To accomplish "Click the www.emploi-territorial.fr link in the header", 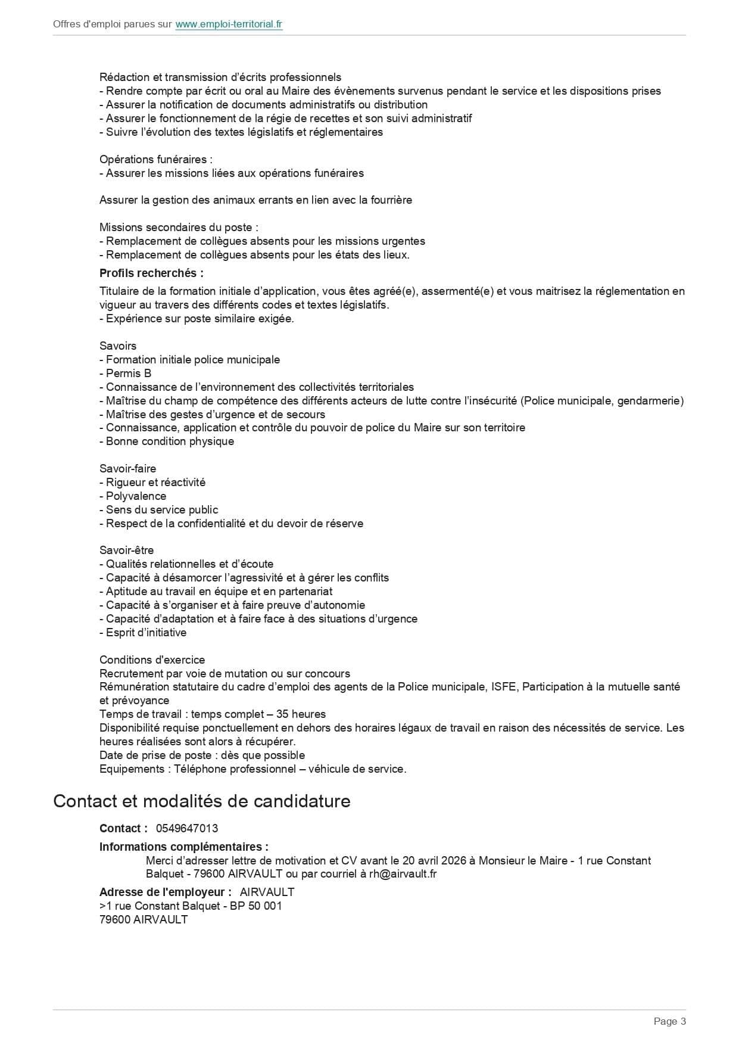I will [x=229, y=24].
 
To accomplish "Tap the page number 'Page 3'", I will [x=670, y=1021].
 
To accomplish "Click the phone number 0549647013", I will [x=187, y=828].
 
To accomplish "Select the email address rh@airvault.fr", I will [x=403, y=874].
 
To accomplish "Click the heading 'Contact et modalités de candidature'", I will [x=202, y=801].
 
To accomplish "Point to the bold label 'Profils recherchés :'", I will [x=151, y=273].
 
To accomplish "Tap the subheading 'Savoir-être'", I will [x=126, y=551].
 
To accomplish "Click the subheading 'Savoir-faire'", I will [x=127, y=469].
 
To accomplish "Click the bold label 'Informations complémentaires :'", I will [x=183, y=847].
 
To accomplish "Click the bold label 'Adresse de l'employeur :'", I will [x=166, y=892].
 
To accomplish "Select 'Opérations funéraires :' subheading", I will [x=156, y=160].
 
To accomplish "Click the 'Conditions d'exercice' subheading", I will [x=152, y=660].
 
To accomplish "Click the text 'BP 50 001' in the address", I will [x=257, y=906].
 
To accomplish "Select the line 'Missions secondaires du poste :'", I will [x=179, y=228].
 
